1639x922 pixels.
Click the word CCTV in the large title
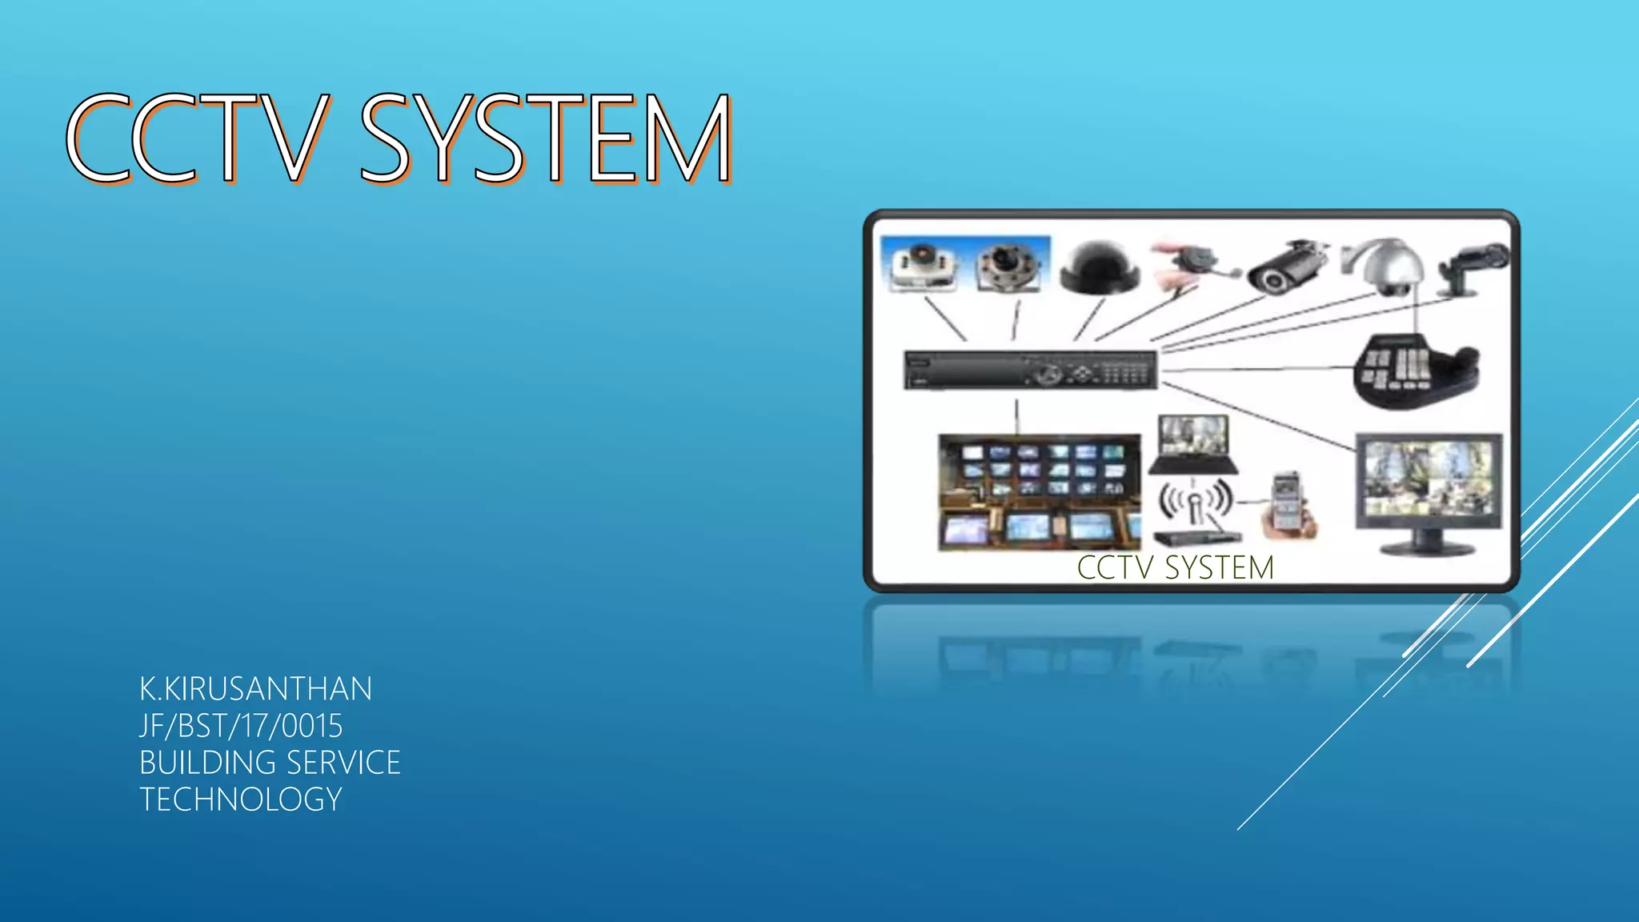tap(196, 138)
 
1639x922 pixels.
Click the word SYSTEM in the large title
tap(546, 138)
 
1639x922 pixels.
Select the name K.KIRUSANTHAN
tap(255, 689)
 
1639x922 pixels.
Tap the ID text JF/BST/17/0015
tap(241, 726)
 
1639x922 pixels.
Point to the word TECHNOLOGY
tap(241, 800)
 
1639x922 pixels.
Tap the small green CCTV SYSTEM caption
tap(1175, 567)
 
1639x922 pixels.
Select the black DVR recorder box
tap(1030, 371)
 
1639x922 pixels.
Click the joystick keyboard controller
tap(1414, 370)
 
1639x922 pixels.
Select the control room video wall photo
tap(1039, 491)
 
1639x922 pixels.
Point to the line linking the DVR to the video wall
tap(1016, 416)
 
